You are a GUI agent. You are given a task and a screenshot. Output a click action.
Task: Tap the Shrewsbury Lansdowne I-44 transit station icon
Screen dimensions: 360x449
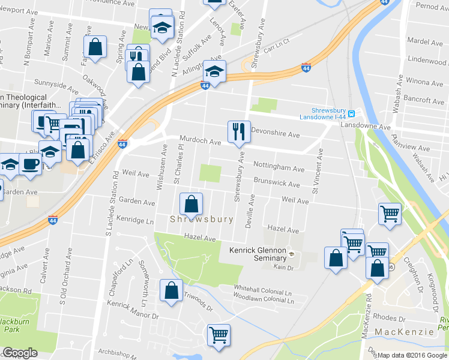click(x=352, y=113)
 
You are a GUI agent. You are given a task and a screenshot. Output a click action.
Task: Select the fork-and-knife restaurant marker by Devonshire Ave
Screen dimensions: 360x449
click(x=239, y=131)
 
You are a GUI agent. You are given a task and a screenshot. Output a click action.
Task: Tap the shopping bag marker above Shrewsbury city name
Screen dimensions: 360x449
click(x=191, y=204)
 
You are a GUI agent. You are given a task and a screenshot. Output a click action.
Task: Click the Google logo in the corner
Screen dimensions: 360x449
click(x=20, y=353)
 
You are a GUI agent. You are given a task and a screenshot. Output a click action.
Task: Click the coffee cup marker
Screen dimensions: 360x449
click(x=30, y=163)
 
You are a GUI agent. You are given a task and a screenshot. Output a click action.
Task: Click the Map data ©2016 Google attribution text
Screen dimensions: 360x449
click(x=413, y=355)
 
